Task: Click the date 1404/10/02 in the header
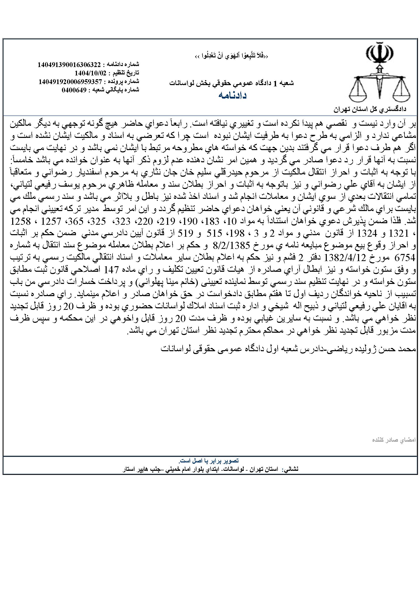pyautogui.click(x=90, y=72)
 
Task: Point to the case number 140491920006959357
pyautogui.click(x=70, y=82)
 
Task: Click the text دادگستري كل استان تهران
pyautogui.click(x=370, y=109)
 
